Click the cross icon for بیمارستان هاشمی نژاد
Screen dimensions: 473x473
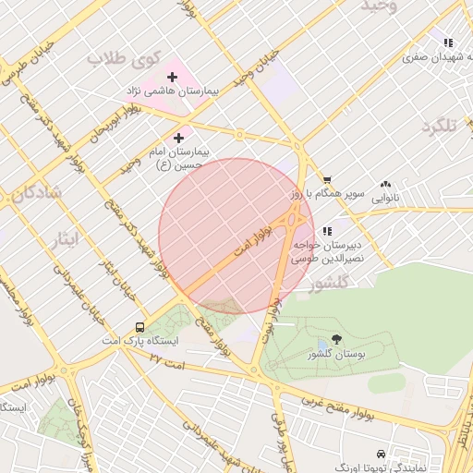click(x=172, y=76)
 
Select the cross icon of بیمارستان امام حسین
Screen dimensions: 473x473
click(x=179, y=138)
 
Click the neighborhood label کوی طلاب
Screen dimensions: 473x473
click(x=118, y=58)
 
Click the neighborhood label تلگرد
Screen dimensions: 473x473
click(x=439, y=126)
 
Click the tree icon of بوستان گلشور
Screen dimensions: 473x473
click(x=334, y=339)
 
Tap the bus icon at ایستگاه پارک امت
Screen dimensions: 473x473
click(x=139, y=326)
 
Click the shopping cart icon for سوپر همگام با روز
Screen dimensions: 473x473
click(x=326, y=180)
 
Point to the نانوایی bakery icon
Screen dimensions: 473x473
click(x=385, y=185)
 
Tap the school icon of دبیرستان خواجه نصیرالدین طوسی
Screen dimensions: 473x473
click(x=326, y=231)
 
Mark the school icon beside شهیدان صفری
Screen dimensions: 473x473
click(x=448, y=42)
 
